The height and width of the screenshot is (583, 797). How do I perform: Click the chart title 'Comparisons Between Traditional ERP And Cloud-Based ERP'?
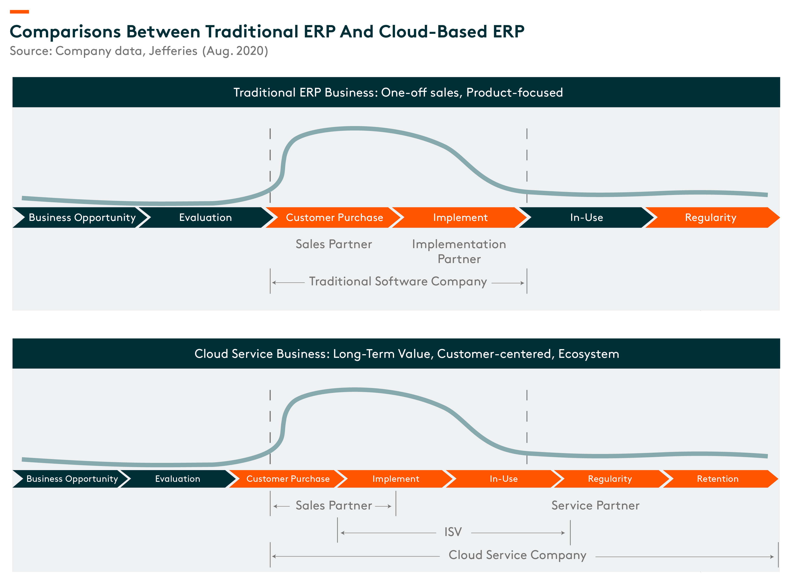coord(267,32)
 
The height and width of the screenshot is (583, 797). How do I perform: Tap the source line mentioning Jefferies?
coord(139,51)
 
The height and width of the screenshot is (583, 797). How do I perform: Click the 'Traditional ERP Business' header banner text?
coord(398,92)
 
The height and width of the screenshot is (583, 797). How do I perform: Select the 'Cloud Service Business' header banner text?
coord(407,354)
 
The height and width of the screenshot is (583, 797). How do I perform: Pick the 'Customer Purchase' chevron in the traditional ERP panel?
coord(334,217)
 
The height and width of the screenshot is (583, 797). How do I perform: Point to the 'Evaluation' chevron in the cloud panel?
coord(178,479)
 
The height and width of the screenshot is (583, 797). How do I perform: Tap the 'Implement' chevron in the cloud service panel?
coord(395,479)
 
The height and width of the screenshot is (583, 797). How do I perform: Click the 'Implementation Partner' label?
coord(459,252)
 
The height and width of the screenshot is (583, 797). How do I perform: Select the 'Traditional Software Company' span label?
coord(398,282)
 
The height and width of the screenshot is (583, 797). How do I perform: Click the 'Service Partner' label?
coord(595,506)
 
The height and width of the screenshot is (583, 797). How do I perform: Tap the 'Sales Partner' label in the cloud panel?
coord(334,506)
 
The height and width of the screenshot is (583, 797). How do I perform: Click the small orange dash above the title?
coord(19,12)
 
